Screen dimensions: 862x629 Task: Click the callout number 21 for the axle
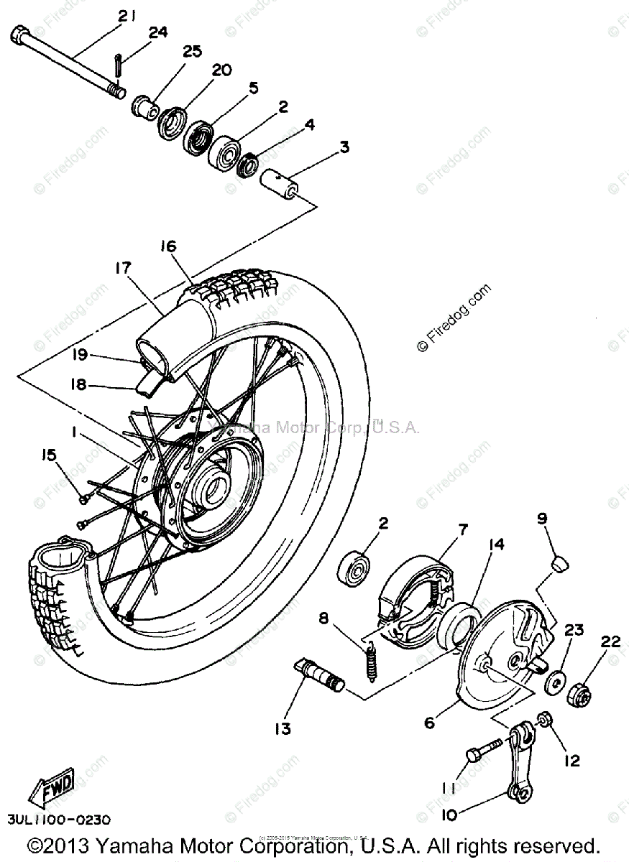[127, 17]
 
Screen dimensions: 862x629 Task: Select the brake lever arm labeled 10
[519, 769]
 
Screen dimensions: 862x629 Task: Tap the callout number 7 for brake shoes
[462, 530]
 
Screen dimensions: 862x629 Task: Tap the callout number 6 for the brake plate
[429, 723]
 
